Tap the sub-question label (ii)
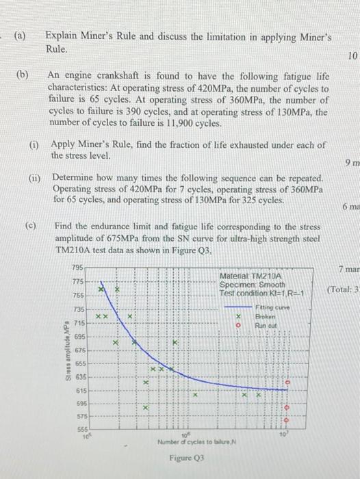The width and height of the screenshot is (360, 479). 34,176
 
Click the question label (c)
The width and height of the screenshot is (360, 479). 33,225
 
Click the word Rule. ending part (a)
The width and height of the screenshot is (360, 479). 57,49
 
